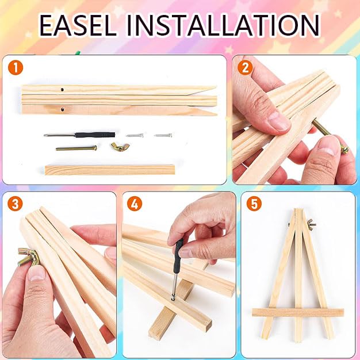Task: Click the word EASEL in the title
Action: (78, 25)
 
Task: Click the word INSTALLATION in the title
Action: (223, 25)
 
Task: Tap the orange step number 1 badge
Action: (16, 68)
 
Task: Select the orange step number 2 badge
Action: (245, 68)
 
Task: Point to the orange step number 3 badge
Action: (15, 204)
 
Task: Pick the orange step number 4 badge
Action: (135, 204)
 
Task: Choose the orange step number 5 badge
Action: (254, 204)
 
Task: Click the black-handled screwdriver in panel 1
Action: (79, 135)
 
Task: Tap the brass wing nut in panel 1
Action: (120, 147)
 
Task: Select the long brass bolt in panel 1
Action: (76, 148)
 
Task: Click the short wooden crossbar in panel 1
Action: (110, 170)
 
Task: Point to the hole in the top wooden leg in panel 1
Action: (62, 90)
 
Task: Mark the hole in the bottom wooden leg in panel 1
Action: (63, 109)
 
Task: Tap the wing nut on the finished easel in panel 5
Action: (311, 225)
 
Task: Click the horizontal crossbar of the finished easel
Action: (298, 312)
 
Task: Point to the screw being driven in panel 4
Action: (173, 298)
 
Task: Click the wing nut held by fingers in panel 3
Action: (28, 257)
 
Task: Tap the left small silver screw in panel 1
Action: (135, 136)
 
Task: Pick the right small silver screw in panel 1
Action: (163, 135)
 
